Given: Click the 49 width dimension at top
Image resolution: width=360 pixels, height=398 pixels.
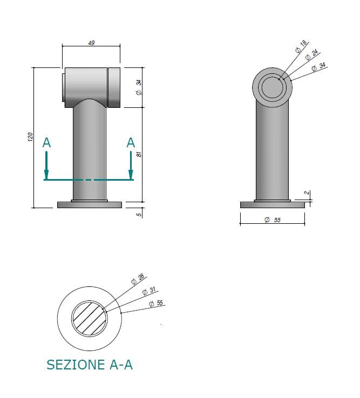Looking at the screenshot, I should pyautogui.click(x=91, y=43).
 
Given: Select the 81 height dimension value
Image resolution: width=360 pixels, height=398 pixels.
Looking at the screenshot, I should pyautogui.click(x=139, y=154).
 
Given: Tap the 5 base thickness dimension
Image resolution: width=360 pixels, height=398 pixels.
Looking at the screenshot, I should pyautogui.click(x=139, y=214).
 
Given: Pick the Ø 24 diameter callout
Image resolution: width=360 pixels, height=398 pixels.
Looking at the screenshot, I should pyautogui.click(x=311, y=56).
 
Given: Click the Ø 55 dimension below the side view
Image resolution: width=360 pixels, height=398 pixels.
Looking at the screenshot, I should pyautogui.click(x=273, y=219).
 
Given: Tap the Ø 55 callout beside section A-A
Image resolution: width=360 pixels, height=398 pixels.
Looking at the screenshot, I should pyautogui.click(x=156, y=304).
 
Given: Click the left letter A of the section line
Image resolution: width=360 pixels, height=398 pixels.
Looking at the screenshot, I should pyautogui.click(x=47, y=143).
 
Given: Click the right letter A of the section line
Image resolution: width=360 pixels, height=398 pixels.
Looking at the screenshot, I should pyautogui.click(x=131, y=143).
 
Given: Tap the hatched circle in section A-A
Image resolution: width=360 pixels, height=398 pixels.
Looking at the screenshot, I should pyautogui.click(x=90, y=319).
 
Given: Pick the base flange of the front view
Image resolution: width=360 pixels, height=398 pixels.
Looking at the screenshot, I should pyautogui.click(x=90, y=204).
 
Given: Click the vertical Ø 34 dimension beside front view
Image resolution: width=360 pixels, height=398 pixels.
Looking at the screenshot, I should pyautogui.click(x=139, y=87).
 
